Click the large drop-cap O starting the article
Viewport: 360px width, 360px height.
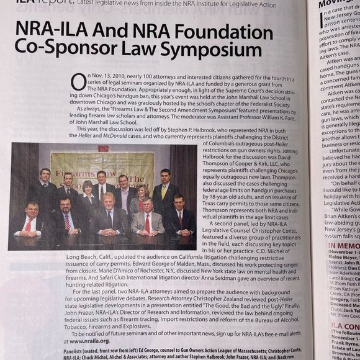pyautogui.click(x=78, y=81)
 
